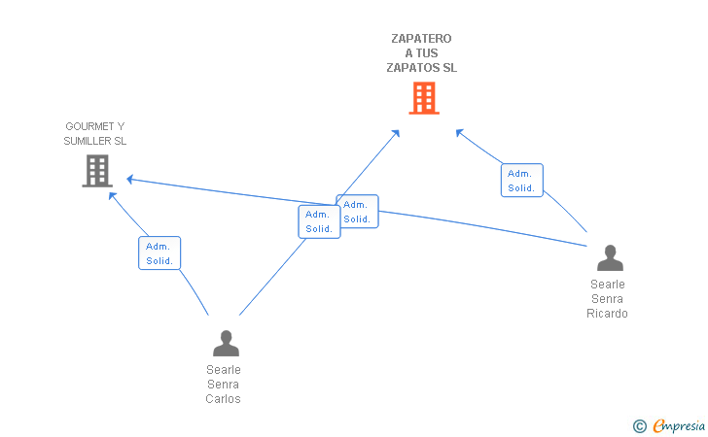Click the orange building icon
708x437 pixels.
424,98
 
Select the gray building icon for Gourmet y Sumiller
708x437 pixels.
97,171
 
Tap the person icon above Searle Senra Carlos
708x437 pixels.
226,343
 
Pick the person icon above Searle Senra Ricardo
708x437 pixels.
610,257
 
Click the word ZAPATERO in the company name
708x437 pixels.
421,39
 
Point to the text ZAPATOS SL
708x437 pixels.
422,68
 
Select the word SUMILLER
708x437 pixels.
88,141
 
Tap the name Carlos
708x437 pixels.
223,399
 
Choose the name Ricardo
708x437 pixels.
607,313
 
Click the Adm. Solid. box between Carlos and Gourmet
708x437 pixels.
159,253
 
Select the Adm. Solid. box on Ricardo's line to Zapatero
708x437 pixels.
522,181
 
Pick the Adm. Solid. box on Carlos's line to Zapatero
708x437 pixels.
319,221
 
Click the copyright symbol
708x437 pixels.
639,426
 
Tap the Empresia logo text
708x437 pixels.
679,425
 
